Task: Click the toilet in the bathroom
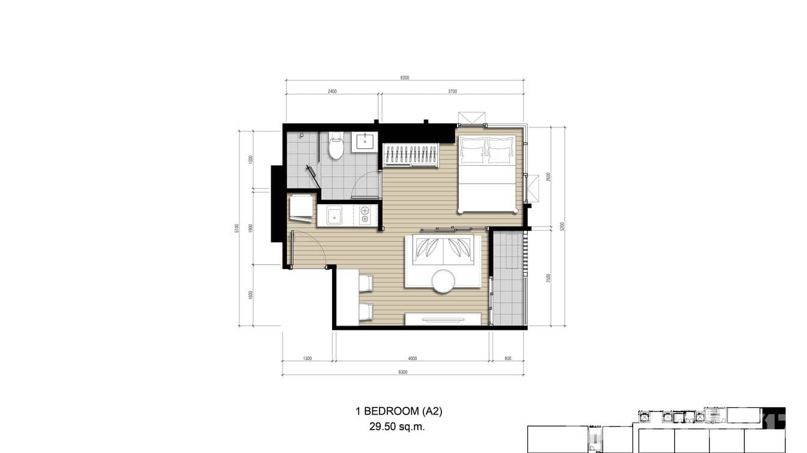(336, 146)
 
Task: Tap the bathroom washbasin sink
(364, 142)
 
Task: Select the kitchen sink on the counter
(334, 215)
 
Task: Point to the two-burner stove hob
(364, 215)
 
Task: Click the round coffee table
(443, 281)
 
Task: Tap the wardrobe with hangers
(411, 155)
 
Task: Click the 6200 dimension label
(404, 78)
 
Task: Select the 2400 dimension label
(332, 92)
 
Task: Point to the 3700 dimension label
(452, 92)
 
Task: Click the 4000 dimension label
(412, 359)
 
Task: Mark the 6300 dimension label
(403, 372)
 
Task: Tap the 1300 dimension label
(307, 359)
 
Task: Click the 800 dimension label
(508, 359)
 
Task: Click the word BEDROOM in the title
(394, 412)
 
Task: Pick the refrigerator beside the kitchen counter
(301, 207)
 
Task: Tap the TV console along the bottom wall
(446, 319)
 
